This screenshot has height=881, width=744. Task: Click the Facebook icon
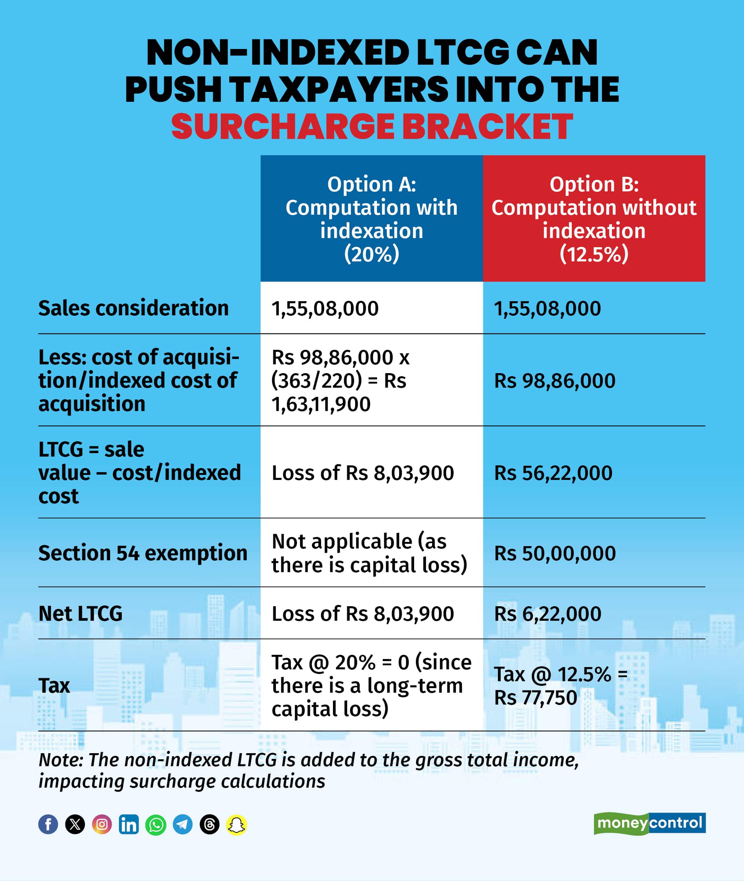(x=48, y=824)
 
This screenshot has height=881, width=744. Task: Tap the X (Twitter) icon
(x=75, y=824)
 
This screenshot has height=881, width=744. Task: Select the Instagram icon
(x=102, y=824)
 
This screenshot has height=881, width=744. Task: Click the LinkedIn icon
(x=129, y=824)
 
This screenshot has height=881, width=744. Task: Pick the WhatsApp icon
(x=156, y=824)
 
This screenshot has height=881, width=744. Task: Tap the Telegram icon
(x=183, y=824)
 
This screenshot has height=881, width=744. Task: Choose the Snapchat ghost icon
(x=237, y=824)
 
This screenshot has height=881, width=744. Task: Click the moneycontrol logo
(x=649, y=823)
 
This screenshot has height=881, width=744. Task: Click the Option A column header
(x=372, y=219)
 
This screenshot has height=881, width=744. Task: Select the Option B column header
(x=594, y=219)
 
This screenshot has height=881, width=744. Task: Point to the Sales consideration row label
(x=133, y=308)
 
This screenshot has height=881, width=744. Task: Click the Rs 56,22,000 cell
(x=553, y=473)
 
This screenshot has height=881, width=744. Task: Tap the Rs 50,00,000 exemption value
(x=555, y=553)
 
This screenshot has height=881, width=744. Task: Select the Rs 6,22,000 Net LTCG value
(x=547, y=613)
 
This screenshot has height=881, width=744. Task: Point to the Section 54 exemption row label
(x=142, y=553)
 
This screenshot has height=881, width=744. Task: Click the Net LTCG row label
(x=80, y=613)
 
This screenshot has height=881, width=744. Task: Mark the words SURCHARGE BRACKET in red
(x=372, y=127)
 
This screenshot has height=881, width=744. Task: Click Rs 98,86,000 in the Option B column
(x=555, y=381)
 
